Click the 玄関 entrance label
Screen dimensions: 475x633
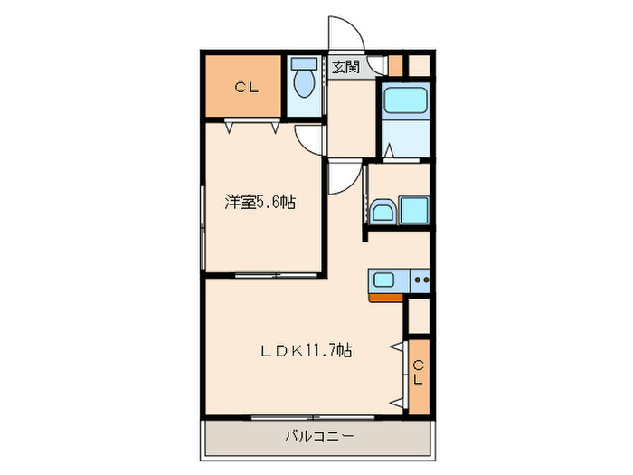coord(345,67)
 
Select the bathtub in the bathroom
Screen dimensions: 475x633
coord(405,102)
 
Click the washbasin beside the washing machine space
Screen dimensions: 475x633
coord(382,214)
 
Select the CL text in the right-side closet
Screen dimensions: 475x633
coord(418,372)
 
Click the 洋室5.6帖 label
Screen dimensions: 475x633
coord(260,203)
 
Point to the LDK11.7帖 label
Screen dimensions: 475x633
coord(307,351)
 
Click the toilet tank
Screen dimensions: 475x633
coord(305,65)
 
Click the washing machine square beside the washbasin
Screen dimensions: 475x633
coord(414,211)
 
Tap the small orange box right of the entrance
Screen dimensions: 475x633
coord(395,65)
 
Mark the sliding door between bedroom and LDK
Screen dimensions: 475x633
coord(264,273)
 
